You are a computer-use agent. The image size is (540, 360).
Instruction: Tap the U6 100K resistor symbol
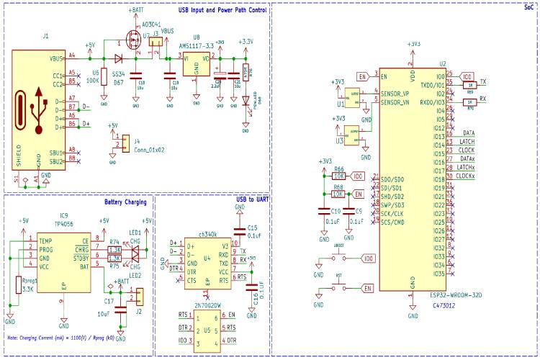[105, 76]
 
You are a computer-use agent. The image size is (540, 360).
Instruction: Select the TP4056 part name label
[65, 223]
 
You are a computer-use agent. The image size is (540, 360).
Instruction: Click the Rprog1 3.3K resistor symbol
[19, 284]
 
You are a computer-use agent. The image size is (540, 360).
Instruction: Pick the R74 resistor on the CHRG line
[114, 250]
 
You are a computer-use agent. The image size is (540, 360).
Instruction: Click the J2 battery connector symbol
[140, 296]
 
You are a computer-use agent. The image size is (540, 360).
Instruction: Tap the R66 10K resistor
[339, 176]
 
